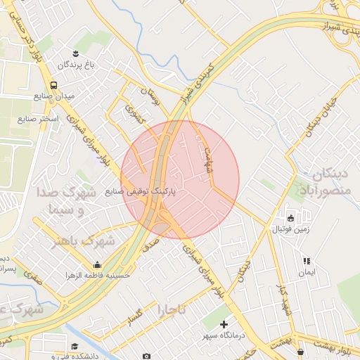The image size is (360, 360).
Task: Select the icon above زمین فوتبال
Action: (x=290, y=217)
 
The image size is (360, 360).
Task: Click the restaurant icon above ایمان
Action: (x=307, y=260)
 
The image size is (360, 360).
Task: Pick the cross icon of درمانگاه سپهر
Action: (x=224, y=324)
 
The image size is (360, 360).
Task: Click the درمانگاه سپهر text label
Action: (x=223, y=336)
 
